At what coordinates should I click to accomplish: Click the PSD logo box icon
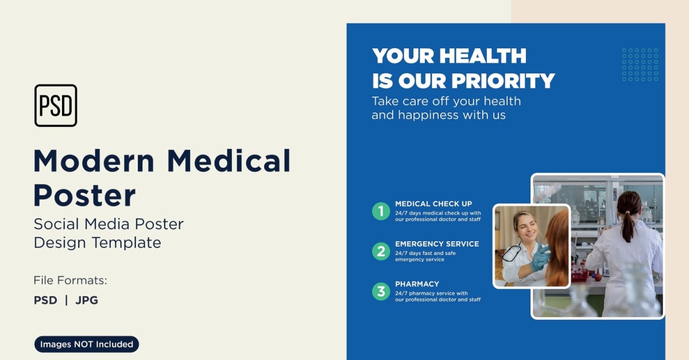click(x=56, y=105)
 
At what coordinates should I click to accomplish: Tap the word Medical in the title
click(x=229, y=161)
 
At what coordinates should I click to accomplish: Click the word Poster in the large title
click(x=84, y=195)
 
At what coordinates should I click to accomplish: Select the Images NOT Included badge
click(x=87, y=344)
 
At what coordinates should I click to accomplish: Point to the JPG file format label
click(x=87, y=300)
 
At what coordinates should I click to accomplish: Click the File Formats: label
click(x=71, y=280)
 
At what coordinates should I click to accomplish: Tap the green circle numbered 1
click(x=381, y=211)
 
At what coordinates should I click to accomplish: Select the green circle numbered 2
click(x=381, y=251)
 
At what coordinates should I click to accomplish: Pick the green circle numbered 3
click(x=381, y=291)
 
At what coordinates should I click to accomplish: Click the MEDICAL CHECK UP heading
click(x=433, y=204)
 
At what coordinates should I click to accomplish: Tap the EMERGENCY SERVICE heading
click(x=437, y=244)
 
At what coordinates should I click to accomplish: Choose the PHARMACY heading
click(x=417, y=284)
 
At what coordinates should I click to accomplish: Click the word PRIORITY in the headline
click(x=503, y=81)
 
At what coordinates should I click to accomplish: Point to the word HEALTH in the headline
click(x=483, y=56)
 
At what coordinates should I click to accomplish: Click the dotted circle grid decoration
click(x=640, y=65)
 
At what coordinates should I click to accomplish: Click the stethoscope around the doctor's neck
click(x=512, y=252)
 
